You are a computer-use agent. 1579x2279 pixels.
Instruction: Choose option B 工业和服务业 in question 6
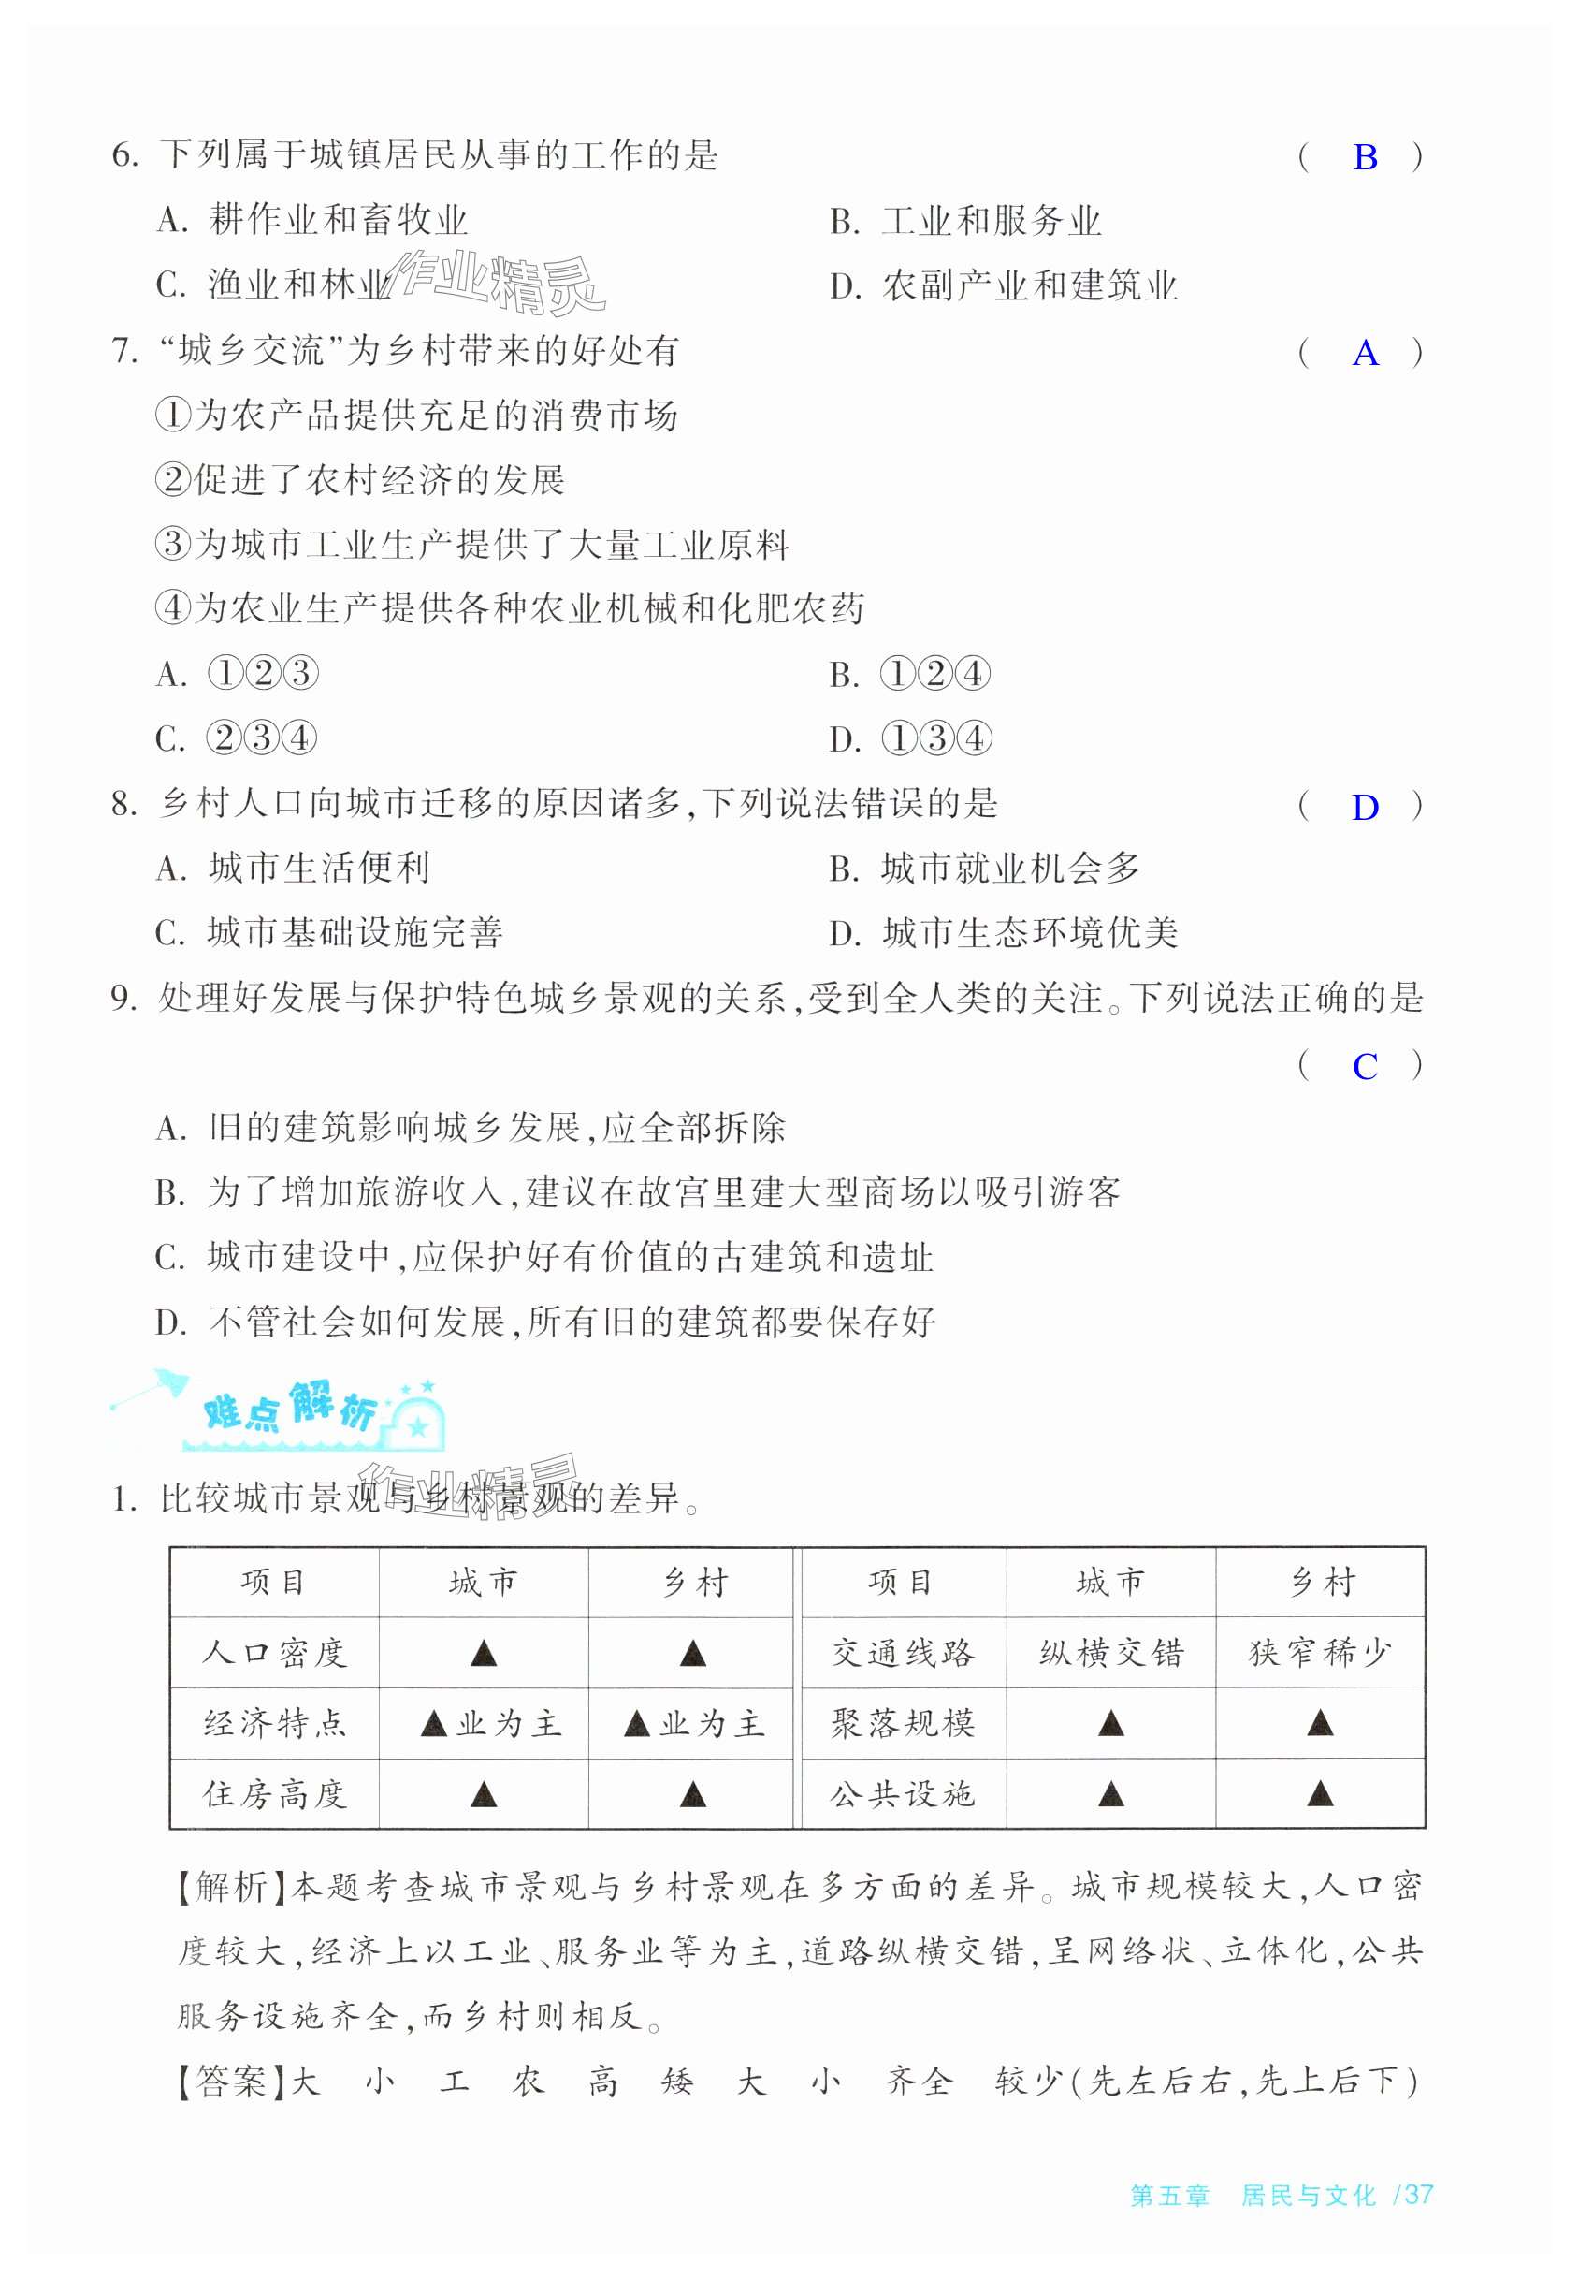[965, 221]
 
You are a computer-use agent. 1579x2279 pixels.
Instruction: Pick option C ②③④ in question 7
[237, 738]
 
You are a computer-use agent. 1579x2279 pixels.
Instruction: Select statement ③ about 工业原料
[471, 545]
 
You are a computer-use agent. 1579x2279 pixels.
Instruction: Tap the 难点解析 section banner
[297, 1410]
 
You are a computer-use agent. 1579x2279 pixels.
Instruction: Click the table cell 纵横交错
[1111, 1654]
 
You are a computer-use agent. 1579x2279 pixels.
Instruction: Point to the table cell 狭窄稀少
[1320, 1654]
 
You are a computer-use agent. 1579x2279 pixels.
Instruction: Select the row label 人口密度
[274, 1654]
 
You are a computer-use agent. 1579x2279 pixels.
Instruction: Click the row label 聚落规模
[903, 1724]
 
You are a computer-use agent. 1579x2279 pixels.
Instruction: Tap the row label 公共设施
[903, 1794]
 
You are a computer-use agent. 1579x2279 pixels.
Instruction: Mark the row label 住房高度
[274, 1794]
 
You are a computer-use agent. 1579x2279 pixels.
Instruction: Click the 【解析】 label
[233, 1887]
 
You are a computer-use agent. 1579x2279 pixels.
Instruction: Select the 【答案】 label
[233, 2082]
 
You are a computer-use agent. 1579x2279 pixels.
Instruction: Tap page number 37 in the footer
[1418, 2194]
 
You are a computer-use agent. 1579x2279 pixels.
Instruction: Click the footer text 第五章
[1169, 2195]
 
